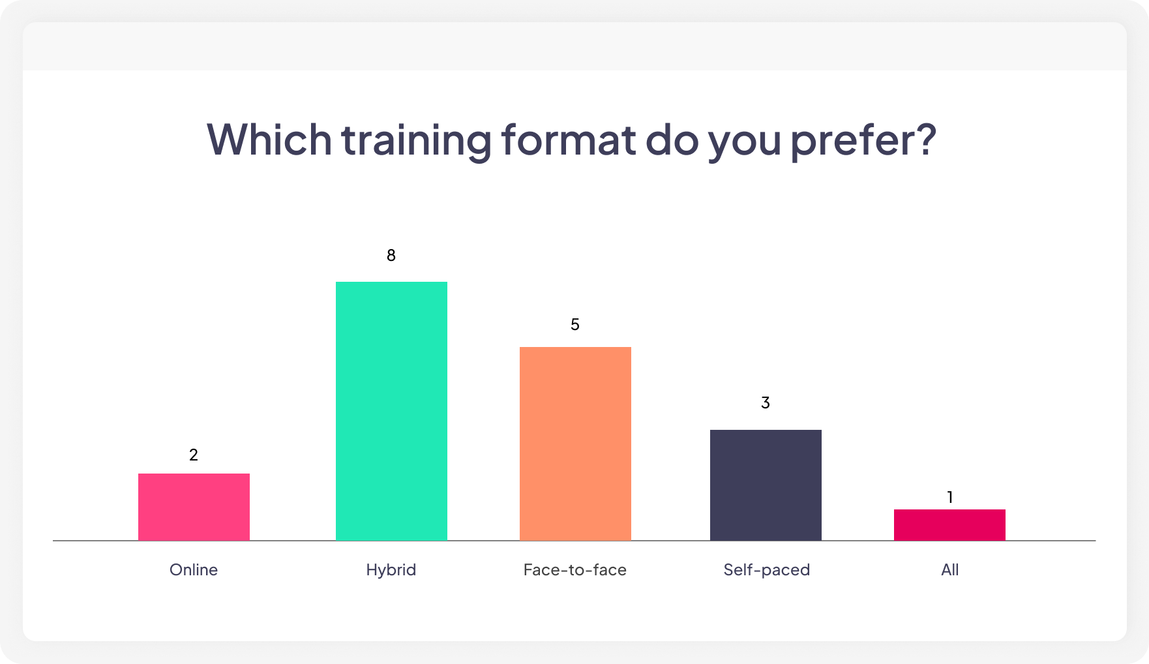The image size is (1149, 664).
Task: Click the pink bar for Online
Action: pyautogui.click(x=194, y=507)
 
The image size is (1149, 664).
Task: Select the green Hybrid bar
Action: pyautogui.click(x=391, y=411)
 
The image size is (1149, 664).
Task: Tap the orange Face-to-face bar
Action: pyautogui.click(x=575, y=444)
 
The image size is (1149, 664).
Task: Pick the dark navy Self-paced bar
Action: pyautogui.click(x=766, y=485)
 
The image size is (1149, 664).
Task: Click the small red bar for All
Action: pyautogui.click(x=949, y=524)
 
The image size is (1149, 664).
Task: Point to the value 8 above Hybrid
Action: pyautogui.click(x=391, y=256)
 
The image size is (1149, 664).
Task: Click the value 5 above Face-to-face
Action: pyautogui.click(x=575, y=325)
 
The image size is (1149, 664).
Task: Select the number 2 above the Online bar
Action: pyautogui.click(x=194, y=455)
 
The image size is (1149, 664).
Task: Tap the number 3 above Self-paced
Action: pyautogui.click(x=766, y=403)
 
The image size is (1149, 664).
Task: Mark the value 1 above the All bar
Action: pyautogui.click(x=950, y=498)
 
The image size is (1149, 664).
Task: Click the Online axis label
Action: pyautogui.click(x=194, y=570)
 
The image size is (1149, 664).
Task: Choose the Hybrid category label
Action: pyautogui.click(x=391, y=570)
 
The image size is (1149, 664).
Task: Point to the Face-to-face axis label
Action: pyautogui.click(x=575, y=570)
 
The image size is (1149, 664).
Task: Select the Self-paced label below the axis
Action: pyautogui.click(x=767, y=570)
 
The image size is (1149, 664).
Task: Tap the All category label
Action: pyautogui.click(x=950, y=570)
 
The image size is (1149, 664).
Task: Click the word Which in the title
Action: pyautogui.click(x=269, y=139)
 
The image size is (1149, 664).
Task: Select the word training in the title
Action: pyautogui.click(x=416, y=140)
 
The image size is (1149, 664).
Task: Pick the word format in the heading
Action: pyautogui.click(x=568, y=139)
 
